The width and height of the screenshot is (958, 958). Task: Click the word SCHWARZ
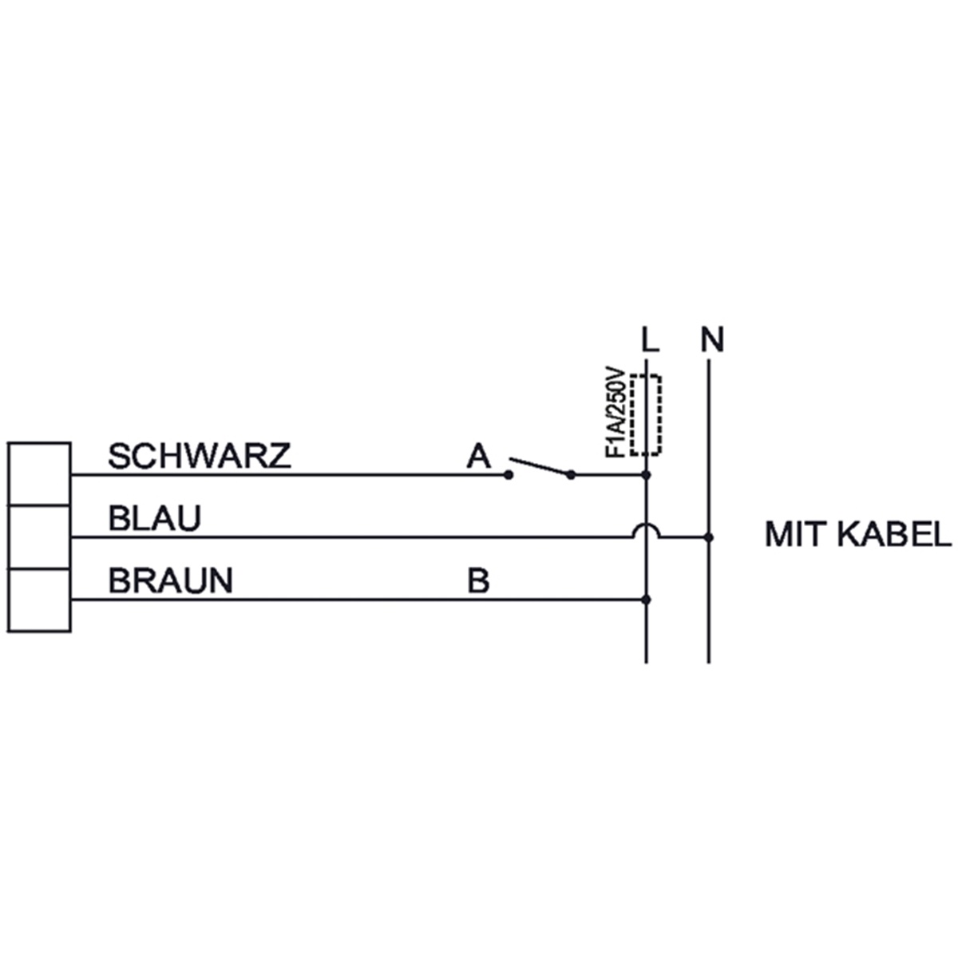(200, 456)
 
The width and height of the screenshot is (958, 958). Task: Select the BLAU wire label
(155, 519)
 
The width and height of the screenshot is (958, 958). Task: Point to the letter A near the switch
(478, 456)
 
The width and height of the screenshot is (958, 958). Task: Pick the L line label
(651, 340)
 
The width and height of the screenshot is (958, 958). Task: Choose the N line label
(712, 340)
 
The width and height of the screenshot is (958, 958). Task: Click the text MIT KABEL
(857, 534)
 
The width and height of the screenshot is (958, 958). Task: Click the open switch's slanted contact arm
(540, 465)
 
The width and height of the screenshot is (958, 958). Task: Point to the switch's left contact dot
(508, 476)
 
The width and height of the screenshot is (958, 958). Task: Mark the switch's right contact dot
(572, 476)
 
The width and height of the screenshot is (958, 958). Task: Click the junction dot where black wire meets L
(647, 476)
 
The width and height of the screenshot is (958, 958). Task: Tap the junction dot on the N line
(710, 538)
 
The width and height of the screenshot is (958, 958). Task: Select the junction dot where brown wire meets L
(647, 600)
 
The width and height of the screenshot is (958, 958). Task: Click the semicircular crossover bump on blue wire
(647, 525)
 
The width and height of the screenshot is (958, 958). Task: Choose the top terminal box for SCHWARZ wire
(39, 473)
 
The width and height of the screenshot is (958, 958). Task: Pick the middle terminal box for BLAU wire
(39, 537)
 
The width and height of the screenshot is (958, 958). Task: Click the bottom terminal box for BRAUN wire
(39, 600)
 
